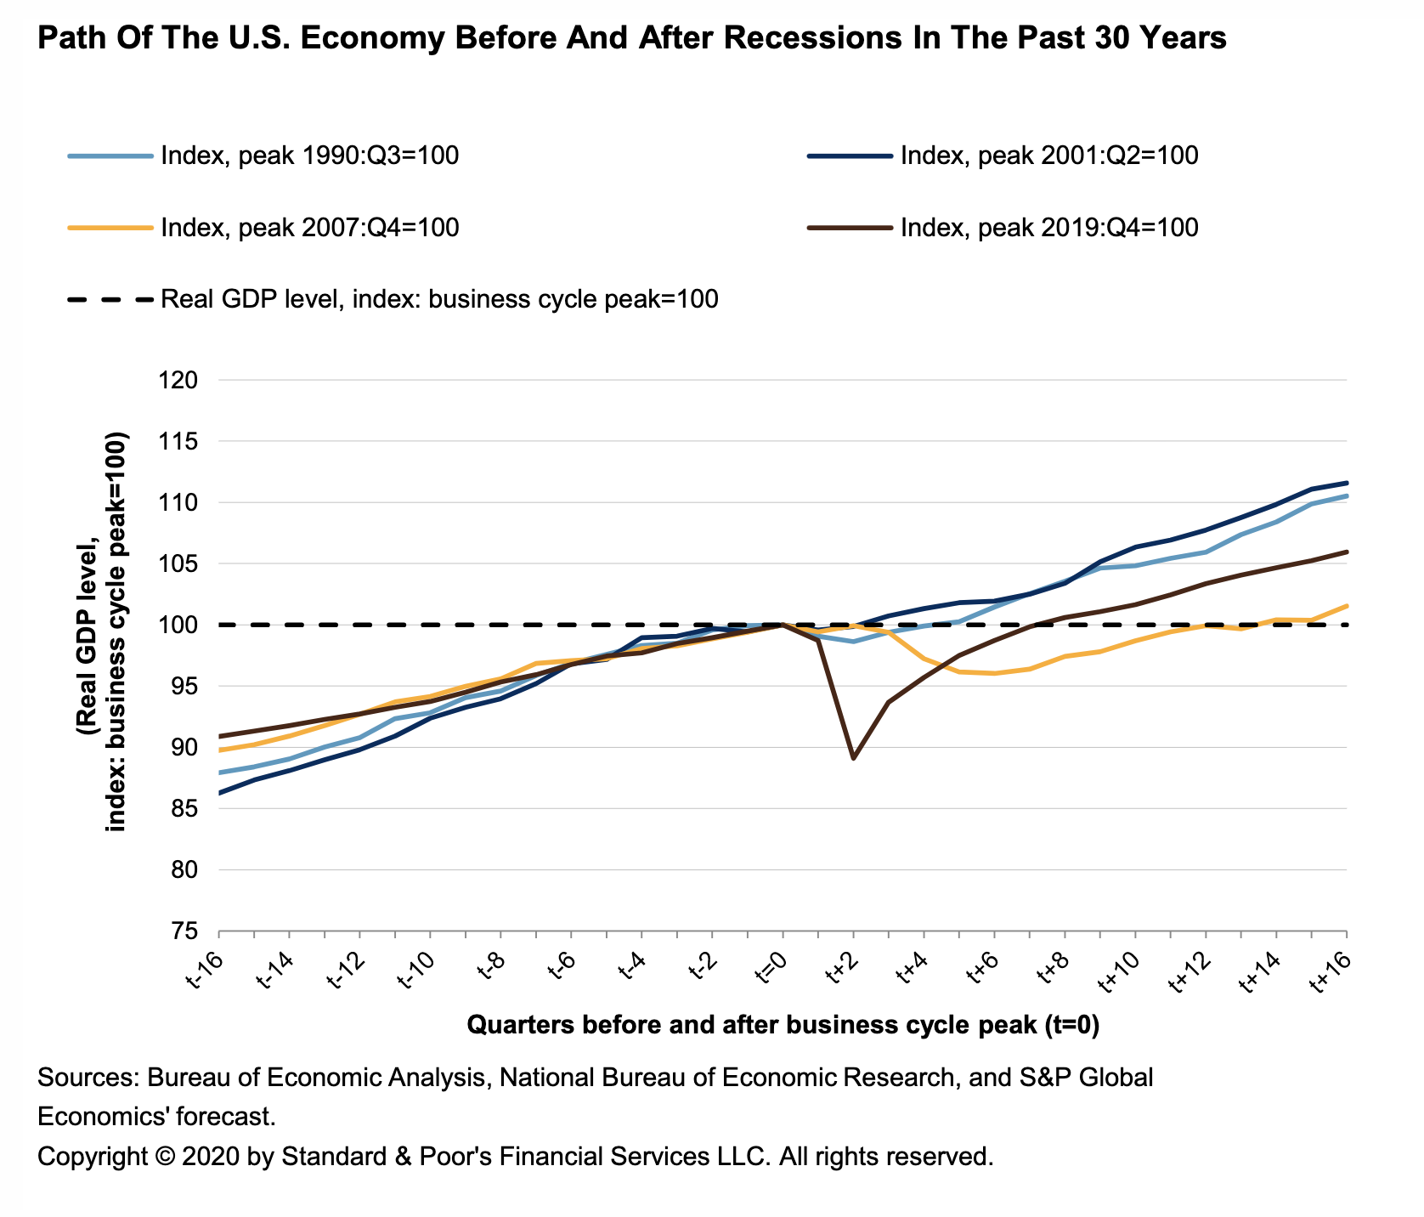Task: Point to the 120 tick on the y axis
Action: [179, 381]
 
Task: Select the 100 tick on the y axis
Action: [179, 625]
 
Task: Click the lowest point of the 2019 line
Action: [852, 757]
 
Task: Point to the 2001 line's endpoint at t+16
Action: [1348, 483]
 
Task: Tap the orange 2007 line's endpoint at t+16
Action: [1348, 606]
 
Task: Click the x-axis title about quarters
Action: [783, 1026]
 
